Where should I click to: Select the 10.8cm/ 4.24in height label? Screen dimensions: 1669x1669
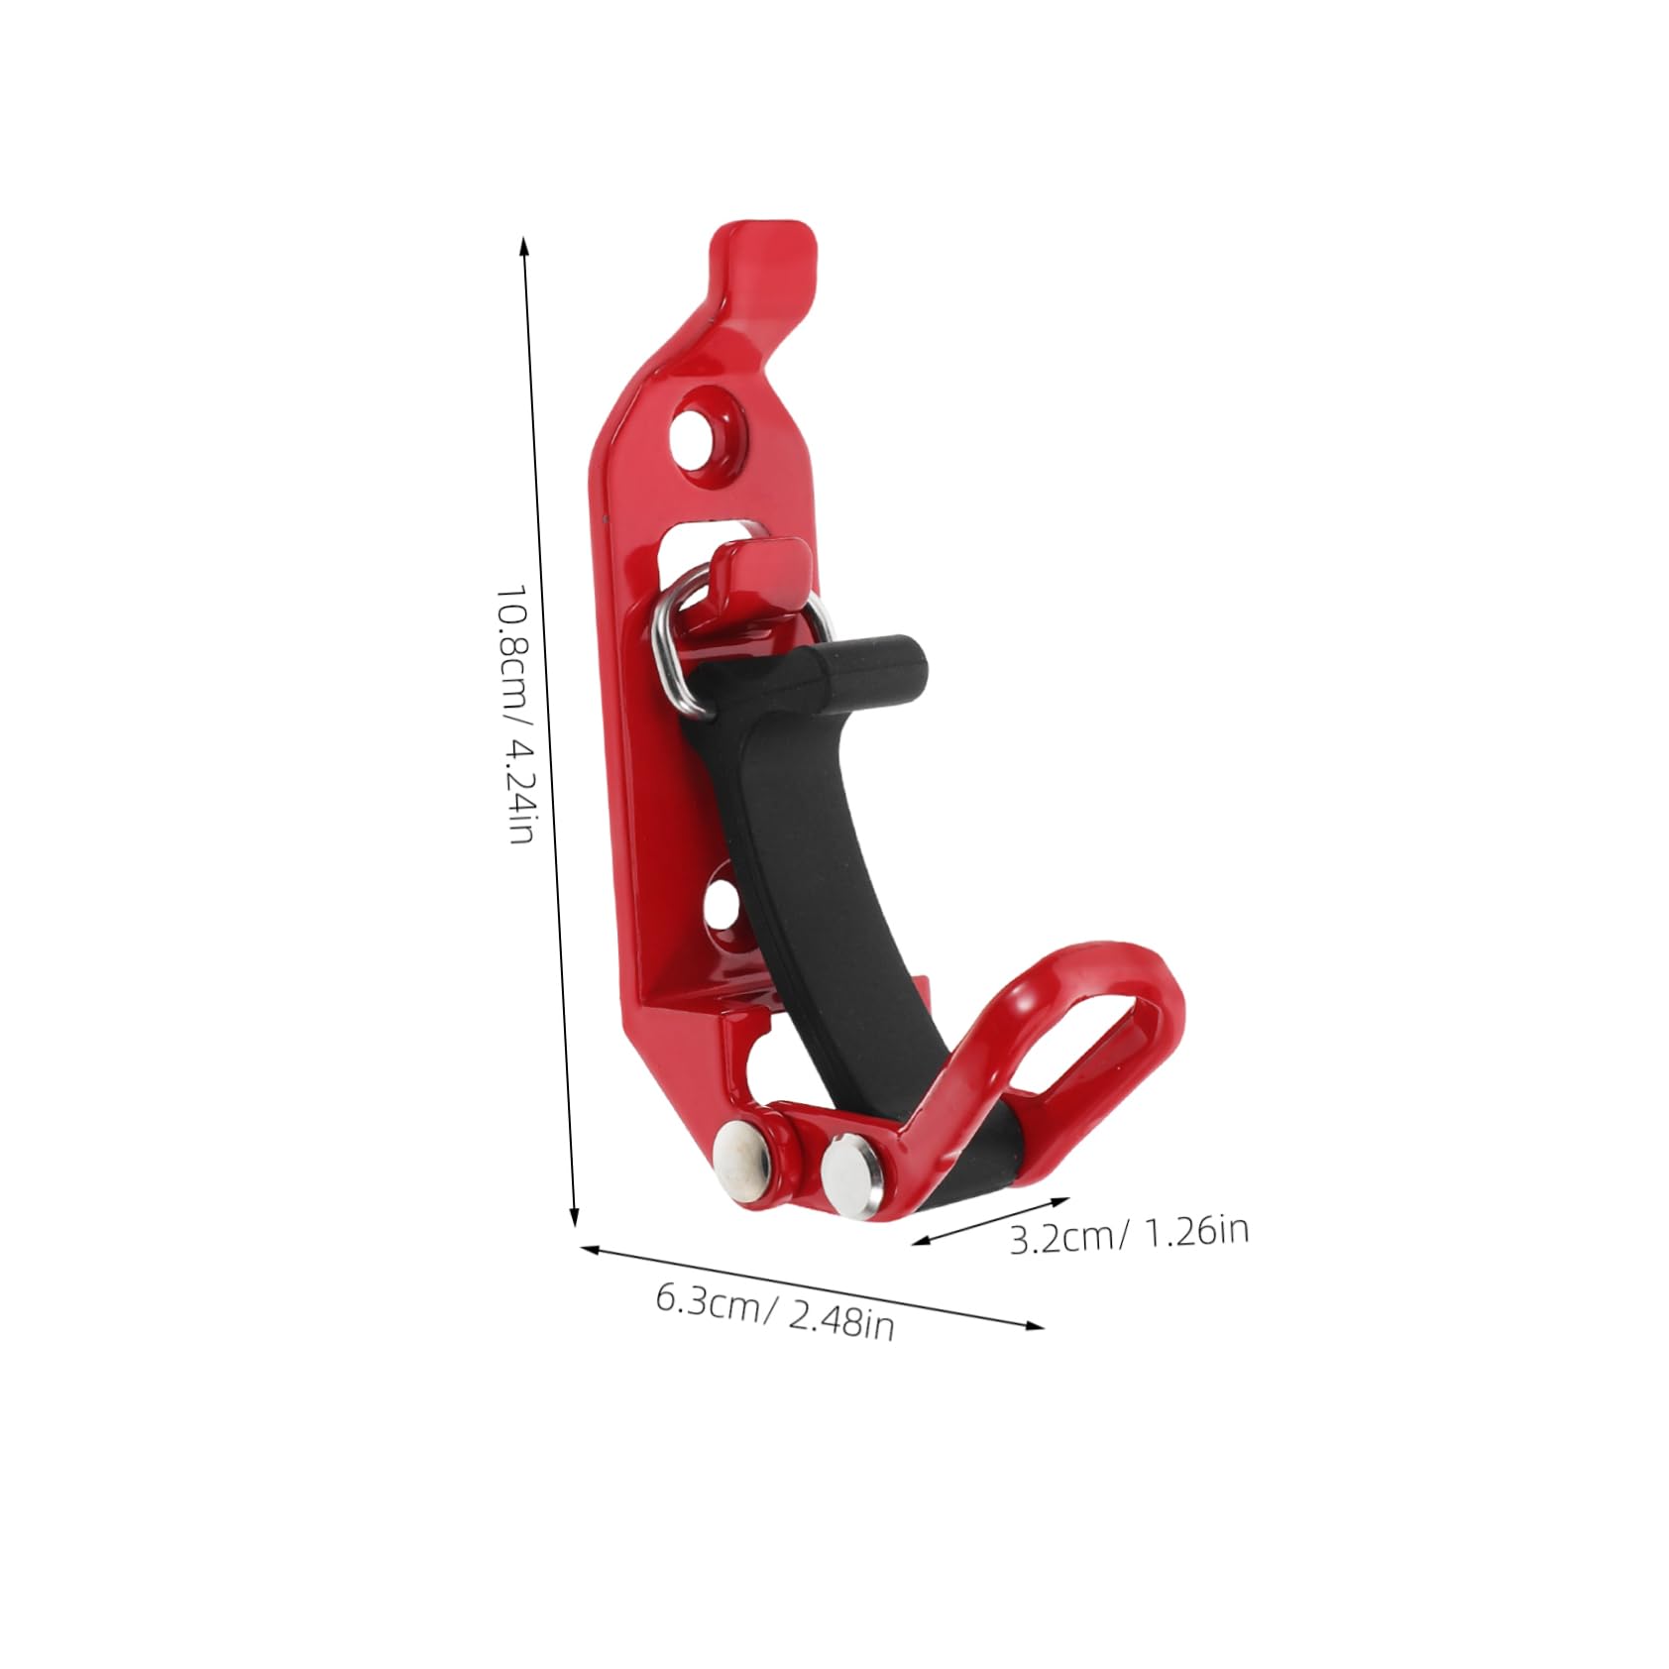[516, 715]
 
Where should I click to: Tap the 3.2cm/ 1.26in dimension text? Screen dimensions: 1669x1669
[1129, 1235]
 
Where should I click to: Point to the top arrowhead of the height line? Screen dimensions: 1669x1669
[524, 244]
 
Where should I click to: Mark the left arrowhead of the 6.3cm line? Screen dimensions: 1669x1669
[589, 1249]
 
